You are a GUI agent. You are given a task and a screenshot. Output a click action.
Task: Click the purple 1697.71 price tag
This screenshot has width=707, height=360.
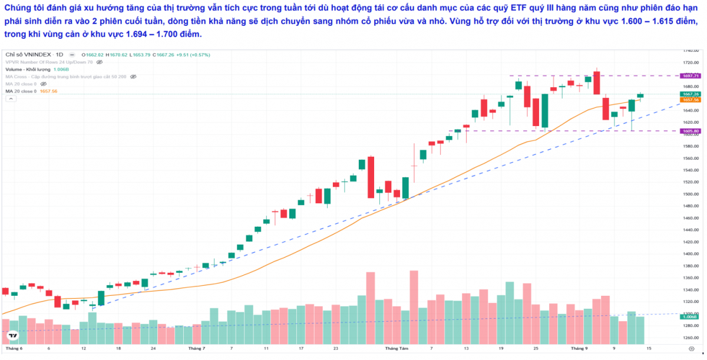coord(690,76)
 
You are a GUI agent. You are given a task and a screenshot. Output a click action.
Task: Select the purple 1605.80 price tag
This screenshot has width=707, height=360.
coord(690,131)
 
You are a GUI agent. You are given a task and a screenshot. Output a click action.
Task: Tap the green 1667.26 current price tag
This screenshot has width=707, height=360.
coord(690,94)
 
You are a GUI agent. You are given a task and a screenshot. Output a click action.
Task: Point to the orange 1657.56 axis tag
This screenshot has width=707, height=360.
coord(690,100)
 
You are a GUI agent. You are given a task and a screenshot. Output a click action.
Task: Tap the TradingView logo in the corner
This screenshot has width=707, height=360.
coord(11,335)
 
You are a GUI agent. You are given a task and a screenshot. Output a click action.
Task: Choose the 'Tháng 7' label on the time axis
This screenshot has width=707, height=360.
coord(196,349)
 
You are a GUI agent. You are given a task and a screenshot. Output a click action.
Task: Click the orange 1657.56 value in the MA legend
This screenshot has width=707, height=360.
coord(48,91)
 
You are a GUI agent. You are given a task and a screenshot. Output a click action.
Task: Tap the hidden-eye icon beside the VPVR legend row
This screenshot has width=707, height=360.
coord(100,62)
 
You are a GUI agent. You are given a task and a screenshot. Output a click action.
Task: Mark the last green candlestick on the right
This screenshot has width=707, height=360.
coord(640,95)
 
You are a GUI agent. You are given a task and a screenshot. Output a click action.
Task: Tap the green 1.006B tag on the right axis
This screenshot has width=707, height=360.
coord(690,317)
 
